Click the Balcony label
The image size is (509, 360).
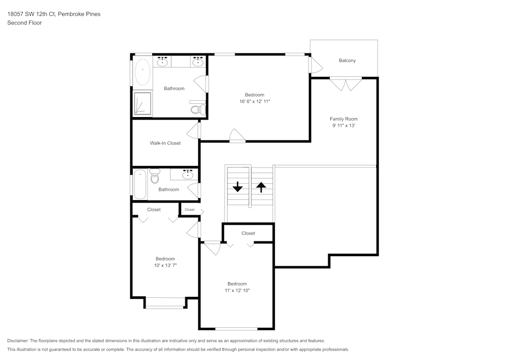(x=347, y=61)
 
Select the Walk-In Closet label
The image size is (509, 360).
(x=165, y=143)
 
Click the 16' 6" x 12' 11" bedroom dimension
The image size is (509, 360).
(x=254, y=101)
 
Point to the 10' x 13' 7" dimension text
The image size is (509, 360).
(x=165, y=265)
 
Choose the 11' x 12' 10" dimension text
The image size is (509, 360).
(x=237, y=290)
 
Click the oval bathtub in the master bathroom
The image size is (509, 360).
(x=142, y=72)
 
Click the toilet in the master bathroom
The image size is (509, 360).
(x=197, y=109)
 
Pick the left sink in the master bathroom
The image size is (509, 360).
(x=162, y=62)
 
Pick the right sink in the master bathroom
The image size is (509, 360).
(x=197, y=62)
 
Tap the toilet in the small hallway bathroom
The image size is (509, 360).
(x=155, y=176)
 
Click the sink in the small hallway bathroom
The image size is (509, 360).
(x=188, y=175)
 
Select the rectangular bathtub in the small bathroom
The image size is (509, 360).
(x=140, y=184)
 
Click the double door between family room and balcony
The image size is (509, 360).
(x=346, y=84)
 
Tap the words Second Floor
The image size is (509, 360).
(x=24, y=23)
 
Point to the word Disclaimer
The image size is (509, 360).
(x=18, y=341)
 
